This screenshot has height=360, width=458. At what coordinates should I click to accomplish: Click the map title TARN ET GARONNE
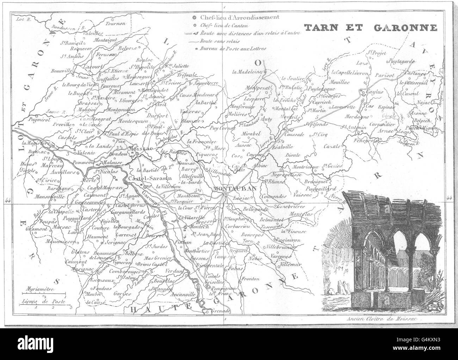click(370, 28)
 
